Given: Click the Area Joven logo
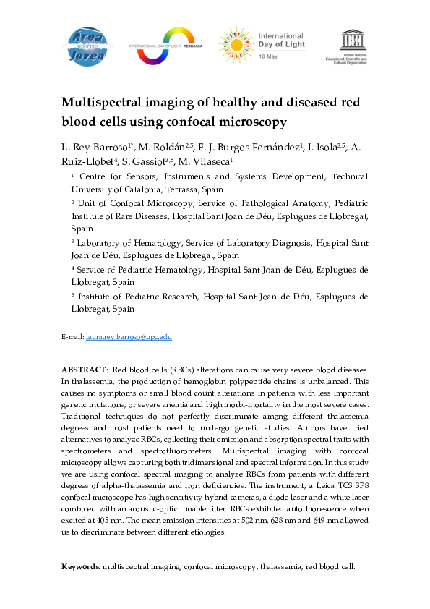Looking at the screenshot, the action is [90, 45].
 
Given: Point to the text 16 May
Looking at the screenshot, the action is [267, 54].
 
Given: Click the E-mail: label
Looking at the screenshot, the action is [72, 337].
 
